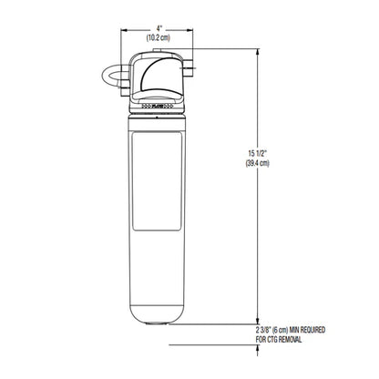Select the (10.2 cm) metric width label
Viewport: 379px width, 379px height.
click(x=160, y=39)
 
